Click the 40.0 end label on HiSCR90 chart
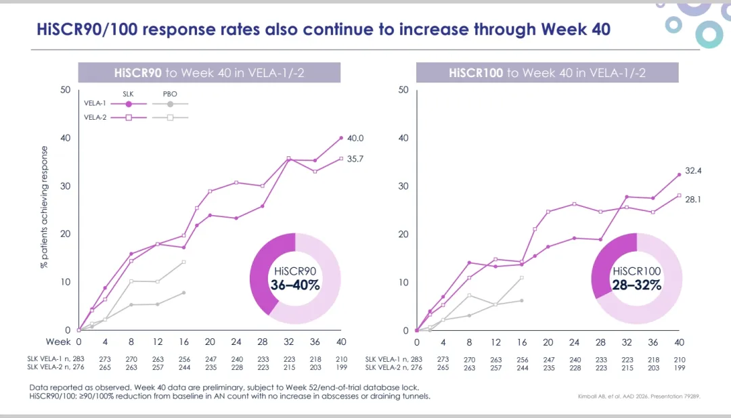click(356, 138)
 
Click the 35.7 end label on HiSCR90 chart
click(356, 159)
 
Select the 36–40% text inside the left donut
click(295, 285)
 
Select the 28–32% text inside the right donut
click(637, 285)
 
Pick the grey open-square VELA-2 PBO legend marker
click(170, 117)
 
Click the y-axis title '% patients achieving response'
click(45, 207)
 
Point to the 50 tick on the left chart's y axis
click(65, 90)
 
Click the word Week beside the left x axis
click(58, 342)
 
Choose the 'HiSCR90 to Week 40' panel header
click(209, 73)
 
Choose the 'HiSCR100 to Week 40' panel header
click(547, 73)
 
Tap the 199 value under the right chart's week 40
click(679, 368)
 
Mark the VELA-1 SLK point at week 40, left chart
click(341, 138)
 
